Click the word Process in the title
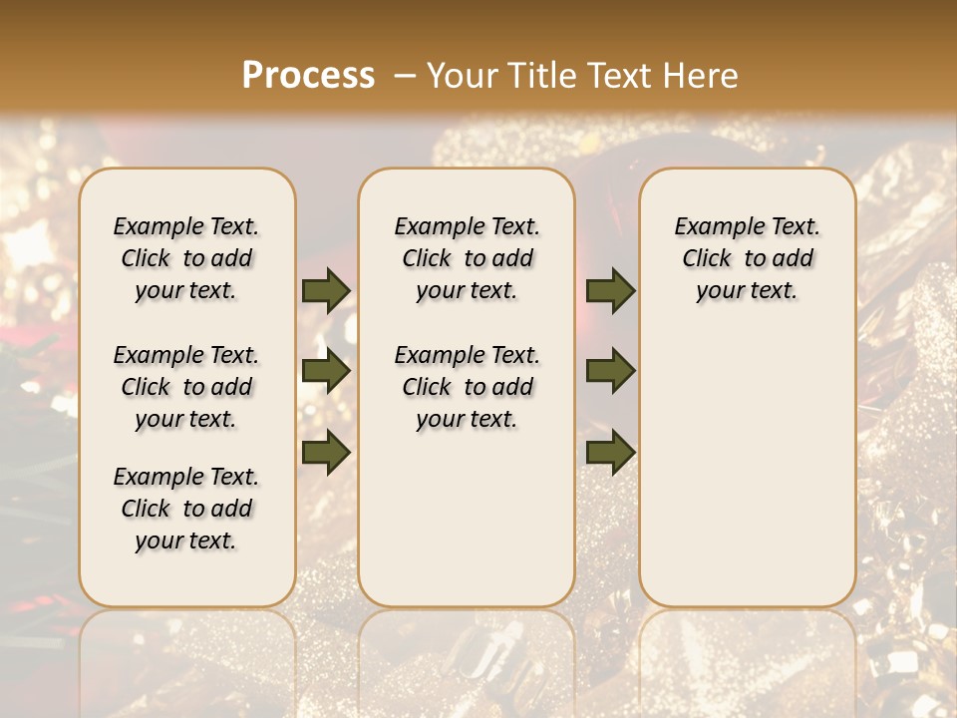tap(308, 75)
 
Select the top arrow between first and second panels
tap(326, 291)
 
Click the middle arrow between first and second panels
tap(326, 371)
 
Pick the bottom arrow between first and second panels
tap(326, 452)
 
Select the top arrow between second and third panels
tap(610, 291)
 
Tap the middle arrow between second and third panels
tap(610, 371)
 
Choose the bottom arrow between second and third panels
tap(610, 452)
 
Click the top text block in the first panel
tap(186, 258)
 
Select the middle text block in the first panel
tap(186, 387)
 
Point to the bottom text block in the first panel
tap(186, 509)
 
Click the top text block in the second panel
tap(467, 258)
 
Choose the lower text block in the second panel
tap(467, 387)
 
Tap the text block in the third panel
tap(747, 258)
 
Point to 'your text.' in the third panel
tap(747, 291)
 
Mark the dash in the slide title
tap(404, 75)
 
